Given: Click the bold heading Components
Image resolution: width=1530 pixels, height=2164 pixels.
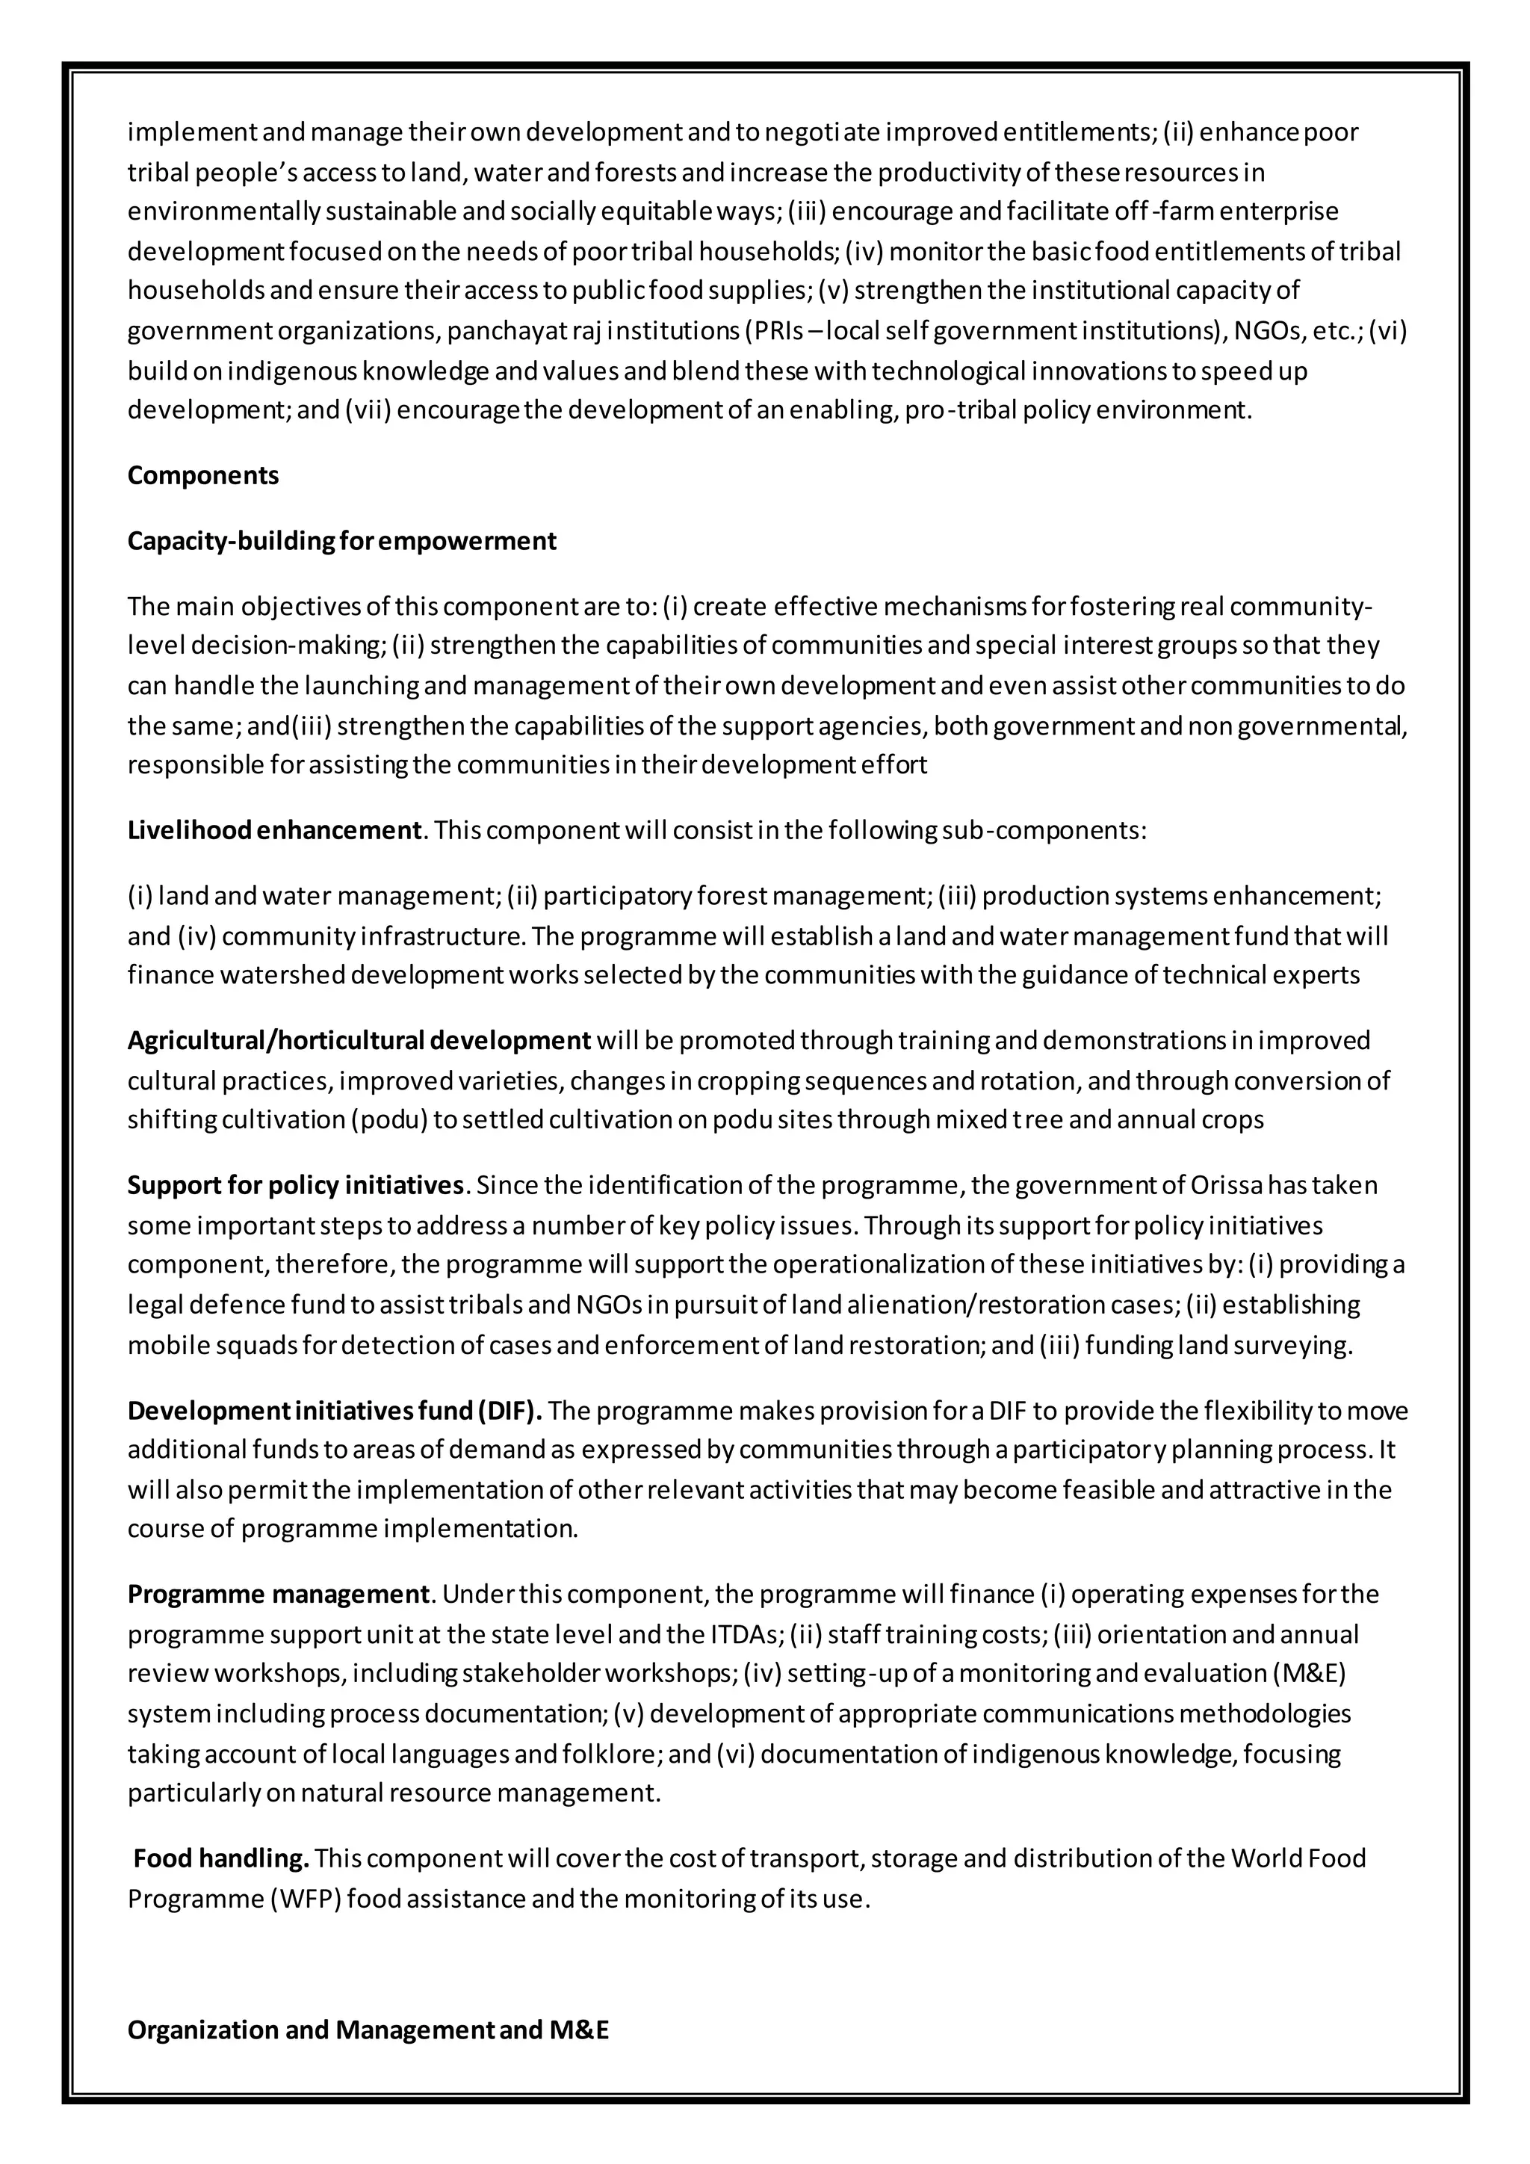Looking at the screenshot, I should [203, 475].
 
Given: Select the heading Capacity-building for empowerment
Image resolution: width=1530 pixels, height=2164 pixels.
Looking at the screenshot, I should [342, 541].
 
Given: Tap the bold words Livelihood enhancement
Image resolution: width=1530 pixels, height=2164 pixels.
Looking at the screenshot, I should [274, 830].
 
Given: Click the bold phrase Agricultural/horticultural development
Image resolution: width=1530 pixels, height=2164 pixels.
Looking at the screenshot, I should [359, 1041].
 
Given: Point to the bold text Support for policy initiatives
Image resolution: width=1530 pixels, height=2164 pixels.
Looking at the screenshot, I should [296, 1184].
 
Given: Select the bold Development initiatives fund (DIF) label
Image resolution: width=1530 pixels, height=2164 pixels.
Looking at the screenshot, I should [335, 1411].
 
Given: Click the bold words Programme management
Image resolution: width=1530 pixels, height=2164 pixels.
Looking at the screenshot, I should [279, 1594].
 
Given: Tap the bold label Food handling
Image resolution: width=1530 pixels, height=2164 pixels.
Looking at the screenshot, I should [221, 1858].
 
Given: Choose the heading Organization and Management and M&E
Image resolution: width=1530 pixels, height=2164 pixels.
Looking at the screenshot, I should [368, 2029].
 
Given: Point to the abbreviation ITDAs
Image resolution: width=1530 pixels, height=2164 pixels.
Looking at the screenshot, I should [740, 1633].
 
